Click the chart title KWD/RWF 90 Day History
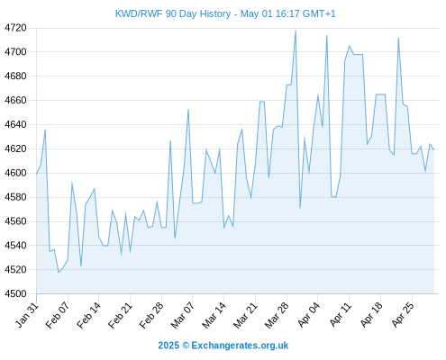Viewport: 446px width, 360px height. coord(173,13)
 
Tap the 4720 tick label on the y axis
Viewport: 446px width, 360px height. coord(15,28)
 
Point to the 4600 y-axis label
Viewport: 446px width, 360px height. coord(15,173)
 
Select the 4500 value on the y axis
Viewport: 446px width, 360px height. coord(15,293)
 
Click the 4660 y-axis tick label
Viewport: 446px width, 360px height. coord(15,100)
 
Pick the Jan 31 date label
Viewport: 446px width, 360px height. coord(27,315)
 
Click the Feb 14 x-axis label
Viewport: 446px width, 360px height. coord(89,315)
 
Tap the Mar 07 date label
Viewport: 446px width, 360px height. coord(183,315)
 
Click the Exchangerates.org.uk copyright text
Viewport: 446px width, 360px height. coord(223,346)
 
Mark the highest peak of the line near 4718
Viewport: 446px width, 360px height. coord(296,31)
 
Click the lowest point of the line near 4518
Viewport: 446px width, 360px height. coord(59,272)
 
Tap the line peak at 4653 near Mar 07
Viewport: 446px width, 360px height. coord(188,109)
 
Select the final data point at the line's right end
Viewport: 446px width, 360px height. coord(434,149)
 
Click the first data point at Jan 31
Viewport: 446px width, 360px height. coord(36,174)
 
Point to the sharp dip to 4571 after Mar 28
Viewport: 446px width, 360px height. coord(300,208)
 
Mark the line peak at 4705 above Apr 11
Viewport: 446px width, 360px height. coord(349,46)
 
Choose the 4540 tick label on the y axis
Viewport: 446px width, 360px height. coord(15,246)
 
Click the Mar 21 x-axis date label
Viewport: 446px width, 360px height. coord(246,315)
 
